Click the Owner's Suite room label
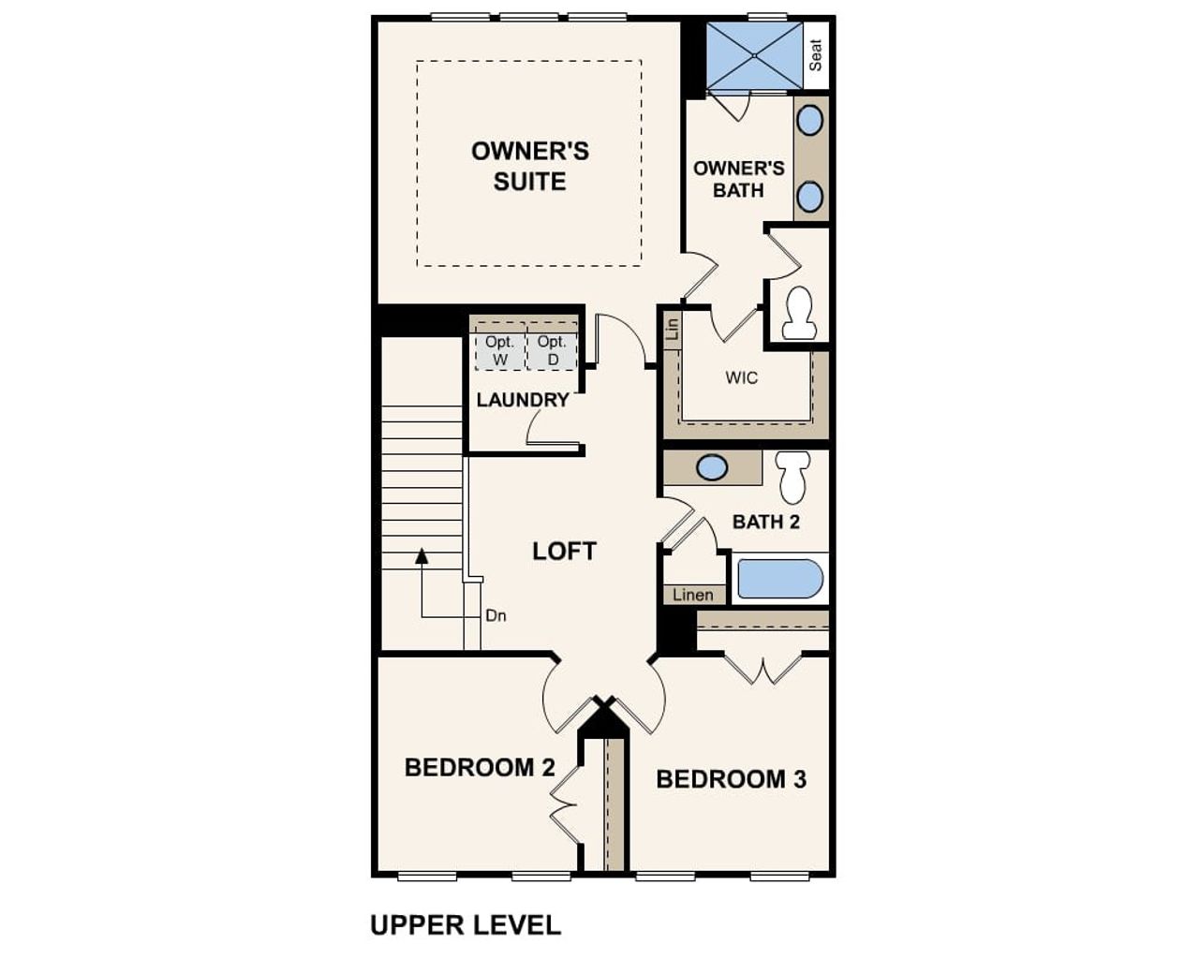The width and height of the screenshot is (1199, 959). [529, 166]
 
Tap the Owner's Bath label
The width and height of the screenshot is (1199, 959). [738, 179]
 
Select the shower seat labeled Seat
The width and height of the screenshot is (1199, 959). [816, 54]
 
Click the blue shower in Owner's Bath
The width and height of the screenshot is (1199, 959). [754, 55]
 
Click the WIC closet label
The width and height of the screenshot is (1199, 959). [742, 378]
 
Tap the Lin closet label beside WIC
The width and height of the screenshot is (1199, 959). [672, 329]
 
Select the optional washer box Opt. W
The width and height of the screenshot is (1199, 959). [499, 350]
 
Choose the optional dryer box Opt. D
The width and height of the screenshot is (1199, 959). [552, 350]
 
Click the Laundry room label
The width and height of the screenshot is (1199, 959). [523, 400]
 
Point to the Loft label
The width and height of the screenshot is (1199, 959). [564, 552]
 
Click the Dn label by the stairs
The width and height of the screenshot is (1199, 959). [496, 615]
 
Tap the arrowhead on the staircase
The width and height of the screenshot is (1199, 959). [422, 556]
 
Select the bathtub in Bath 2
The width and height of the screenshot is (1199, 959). [779, 579]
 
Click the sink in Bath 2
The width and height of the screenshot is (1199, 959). [712, 467]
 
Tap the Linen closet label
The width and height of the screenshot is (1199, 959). [693, 595]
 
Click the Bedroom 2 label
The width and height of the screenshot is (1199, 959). [480, 768]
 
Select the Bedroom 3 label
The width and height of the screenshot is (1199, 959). [731, 779]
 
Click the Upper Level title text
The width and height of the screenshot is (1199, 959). [466, 925]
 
